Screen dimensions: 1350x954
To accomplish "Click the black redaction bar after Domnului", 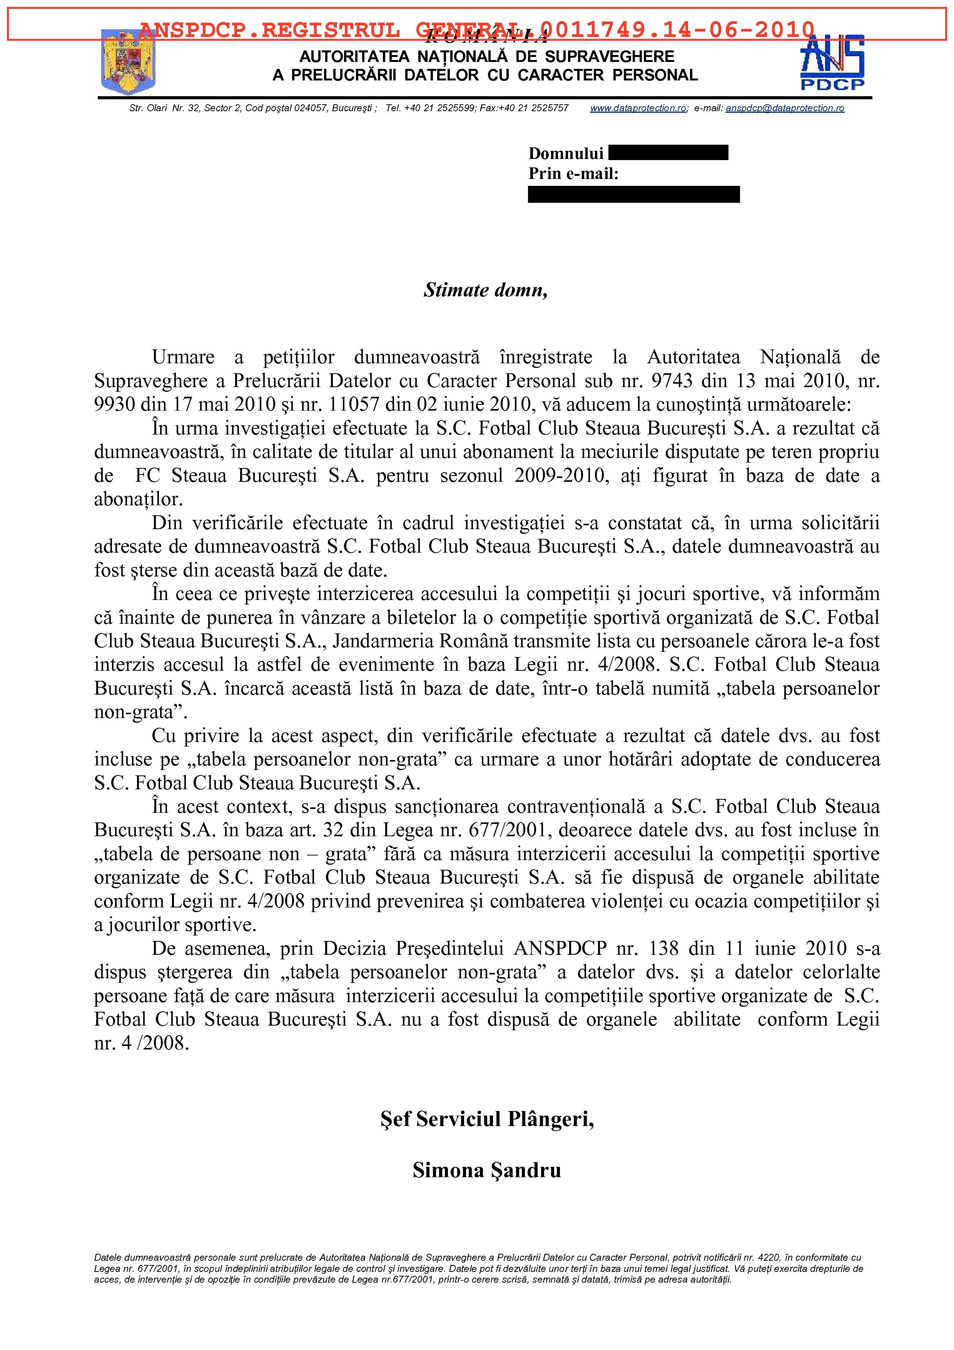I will click(668, 153).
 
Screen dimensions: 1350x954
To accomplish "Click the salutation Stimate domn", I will click(486, 290).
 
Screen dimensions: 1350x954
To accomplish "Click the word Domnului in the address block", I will click(565, 154).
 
